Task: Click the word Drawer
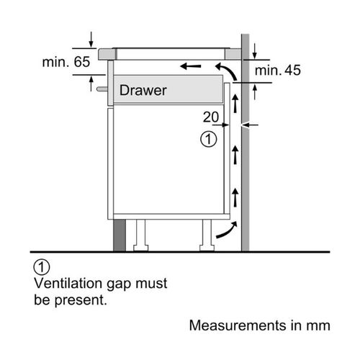click(x=143, y=90)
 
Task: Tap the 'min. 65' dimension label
click(x=66, y=62)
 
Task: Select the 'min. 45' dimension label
click(x=278, y=71)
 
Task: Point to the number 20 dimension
click(x=211, y=117)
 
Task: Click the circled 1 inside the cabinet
click(x=209, y=139)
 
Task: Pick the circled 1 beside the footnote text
click(x=42, y=267)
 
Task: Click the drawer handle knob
click(x=102, y=89)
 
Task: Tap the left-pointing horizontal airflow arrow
click(x=191, y=66)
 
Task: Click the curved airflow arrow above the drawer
click(x=228, y=70)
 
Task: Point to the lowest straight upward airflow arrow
click(x=235, y=197)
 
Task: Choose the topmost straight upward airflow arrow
click(x=235, y=104)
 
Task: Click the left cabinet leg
click(x=140, y=235)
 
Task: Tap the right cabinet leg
click(x=207, y=235)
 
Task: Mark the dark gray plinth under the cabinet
click(x=120, y=235)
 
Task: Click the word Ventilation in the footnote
click(x=68, y=283)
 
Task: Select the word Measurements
click(x=238, y=325)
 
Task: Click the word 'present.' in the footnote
click(x=81, y=301)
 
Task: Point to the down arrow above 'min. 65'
click(x=91, y=40)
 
